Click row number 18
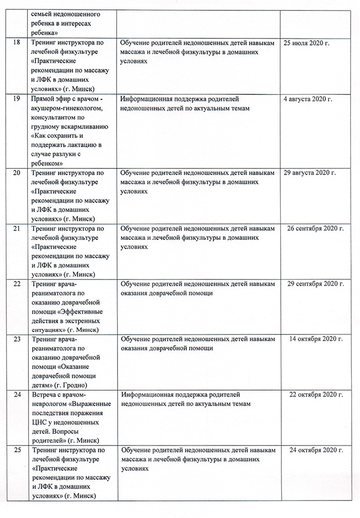click(x=17, y=42)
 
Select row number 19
click(x=17, y=98)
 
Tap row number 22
click(x=17, y=284)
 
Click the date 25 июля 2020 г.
click(x=307, y=42)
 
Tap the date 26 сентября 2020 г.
click(x=316, y=228)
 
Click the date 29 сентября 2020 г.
click(x=316, y=284)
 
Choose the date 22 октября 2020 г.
click(x=316, y=395)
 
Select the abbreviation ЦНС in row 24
click(x=40, y=423)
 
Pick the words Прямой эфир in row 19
click(x=49, y=98)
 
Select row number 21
click(x=17, y=228)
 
